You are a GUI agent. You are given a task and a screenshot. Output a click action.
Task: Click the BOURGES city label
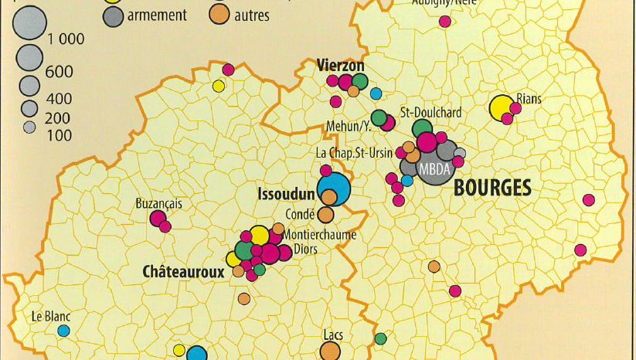492,187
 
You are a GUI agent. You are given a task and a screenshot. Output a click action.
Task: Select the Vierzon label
340,66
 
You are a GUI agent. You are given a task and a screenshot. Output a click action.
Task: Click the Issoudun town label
286,193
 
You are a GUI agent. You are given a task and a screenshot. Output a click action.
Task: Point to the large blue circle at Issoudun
333,188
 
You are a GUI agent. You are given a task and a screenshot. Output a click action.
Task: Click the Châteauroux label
183,272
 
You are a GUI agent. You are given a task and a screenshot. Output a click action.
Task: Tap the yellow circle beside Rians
502,107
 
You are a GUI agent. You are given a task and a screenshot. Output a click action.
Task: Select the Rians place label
529,99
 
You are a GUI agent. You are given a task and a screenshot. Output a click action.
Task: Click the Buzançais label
158,204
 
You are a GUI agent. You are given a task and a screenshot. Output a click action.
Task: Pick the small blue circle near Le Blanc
63,331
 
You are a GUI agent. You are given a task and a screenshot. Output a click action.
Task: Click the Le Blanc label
47,316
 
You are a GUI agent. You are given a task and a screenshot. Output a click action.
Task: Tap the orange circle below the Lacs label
330,352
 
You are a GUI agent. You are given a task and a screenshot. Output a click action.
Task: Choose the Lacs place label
333,335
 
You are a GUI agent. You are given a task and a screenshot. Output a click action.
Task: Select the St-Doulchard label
430,113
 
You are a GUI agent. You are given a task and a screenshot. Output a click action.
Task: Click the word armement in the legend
157,15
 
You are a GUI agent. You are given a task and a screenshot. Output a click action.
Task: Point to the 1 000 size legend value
66,40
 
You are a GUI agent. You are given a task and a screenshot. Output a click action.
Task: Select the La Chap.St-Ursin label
355,153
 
